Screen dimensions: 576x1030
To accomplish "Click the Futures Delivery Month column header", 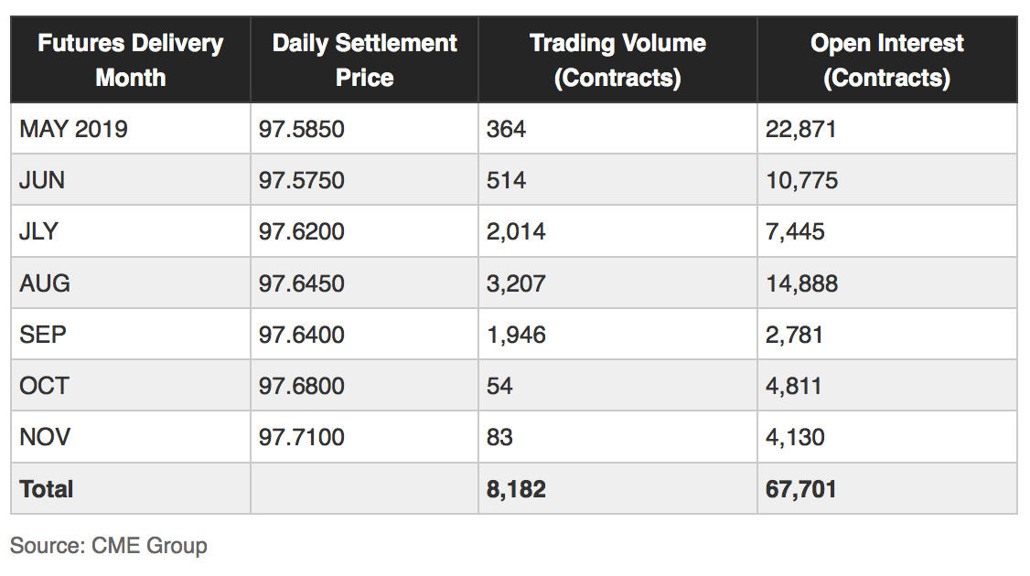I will point(130,60).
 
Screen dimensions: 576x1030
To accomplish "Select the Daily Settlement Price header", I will point(364,60).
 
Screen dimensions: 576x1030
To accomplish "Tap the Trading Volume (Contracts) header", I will point(617,60).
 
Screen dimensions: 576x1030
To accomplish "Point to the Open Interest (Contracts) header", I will point(886,60).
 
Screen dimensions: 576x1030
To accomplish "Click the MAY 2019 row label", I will point(73,129).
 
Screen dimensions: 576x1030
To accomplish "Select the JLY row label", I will point(38,231).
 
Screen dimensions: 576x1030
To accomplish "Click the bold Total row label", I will point(47,489).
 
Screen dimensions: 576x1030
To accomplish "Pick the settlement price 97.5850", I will point(302,129).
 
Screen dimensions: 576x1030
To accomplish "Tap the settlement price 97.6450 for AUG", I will point(302,283).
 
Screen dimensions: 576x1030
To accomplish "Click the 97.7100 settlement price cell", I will point(302,437).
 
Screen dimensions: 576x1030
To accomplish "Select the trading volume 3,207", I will point(516,283).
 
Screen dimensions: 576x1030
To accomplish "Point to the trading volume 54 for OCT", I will point(499,386).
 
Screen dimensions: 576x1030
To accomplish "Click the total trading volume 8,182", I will point(516,489).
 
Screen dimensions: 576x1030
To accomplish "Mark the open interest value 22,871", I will point(801,129).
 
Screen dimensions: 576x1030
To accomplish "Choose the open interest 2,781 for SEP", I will point(795,335).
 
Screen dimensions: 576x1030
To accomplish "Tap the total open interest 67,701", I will point(801,489).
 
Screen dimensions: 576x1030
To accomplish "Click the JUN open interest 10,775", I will point(801,180).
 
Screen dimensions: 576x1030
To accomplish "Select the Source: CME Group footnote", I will point(109,546).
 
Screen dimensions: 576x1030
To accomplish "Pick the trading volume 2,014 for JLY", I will point(516,231).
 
